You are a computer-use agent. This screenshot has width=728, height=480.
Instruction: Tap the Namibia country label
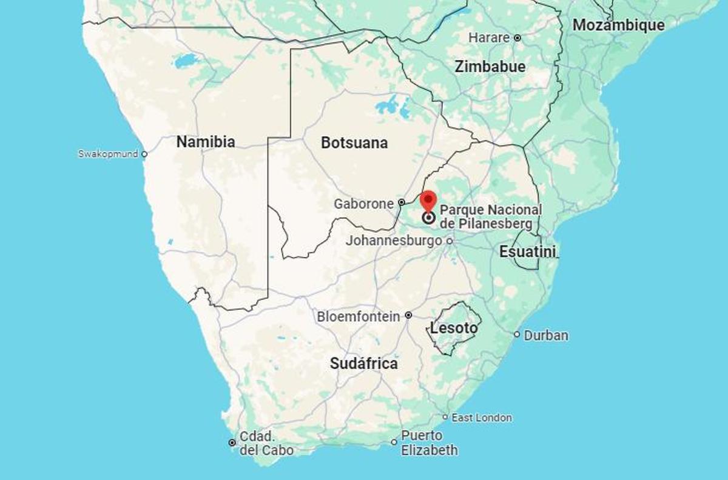206,142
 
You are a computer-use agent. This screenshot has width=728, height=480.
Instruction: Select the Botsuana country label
354,143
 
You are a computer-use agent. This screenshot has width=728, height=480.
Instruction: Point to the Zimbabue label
490,67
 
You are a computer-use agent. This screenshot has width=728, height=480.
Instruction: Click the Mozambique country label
618,25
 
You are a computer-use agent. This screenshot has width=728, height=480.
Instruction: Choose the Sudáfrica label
364,364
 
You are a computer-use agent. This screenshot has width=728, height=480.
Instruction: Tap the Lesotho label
454,328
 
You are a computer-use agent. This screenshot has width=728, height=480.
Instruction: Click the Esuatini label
527,252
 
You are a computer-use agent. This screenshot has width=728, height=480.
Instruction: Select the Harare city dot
517,38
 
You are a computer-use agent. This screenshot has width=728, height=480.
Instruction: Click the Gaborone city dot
401,202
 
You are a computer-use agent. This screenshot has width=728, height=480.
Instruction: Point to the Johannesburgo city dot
450,241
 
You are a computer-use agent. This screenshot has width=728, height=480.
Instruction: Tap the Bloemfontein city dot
409,315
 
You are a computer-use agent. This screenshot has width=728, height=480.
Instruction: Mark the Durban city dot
517,334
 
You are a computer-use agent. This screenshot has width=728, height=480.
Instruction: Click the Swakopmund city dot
144,154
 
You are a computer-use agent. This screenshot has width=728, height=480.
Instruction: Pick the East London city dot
445,417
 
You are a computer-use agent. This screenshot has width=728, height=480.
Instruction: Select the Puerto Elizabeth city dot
394,442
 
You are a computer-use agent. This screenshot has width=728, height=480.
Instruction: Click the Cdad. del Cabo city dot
232,442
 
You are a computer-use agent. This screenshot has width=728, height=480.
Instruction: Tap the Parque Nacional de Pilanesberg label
491,216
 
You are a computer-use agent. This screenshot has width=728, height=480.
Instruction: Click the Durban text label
546,335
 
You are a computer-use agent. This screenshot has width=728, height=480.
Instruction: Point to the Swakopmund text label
108,154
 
